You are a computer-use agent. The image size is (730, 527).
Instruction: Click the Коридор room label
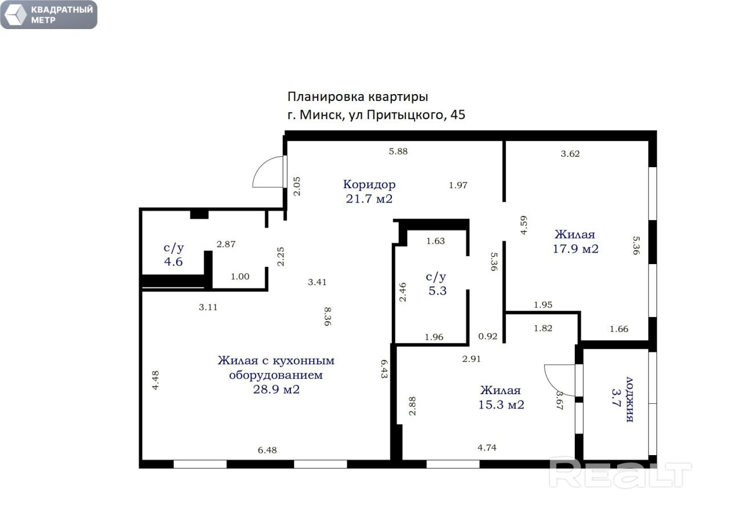click(369, 184)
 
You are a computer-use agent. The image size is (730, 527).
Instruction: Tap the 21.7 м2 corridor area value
click(369, 199)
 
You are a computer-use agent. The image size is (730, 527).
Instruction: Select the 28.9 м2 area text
click(277, 390)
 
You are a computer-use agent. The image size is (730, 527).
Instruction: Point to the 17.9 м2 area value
click(575, 249)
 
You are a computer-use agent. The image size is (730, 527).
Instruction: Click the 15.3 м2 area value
click(501, 405)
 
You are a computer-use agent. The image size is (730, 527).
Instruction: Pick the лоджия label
click(630, 400)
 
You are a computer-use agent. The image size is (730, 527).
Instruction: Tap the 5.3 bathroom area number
click(437, 291)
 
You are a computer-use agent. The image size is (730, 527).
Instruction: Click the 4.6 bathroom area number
click(173, 262)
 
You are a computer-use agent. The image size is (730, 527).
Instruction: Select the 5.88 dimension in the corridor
click(398, 151)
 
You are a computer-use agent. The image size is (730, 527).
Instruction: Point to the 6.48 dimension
click(267, 450)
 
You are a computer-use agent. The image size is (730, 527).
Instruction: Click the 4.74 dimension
click(487, 448)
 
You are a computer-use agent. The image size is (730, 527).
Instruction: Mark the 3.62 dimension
click(570, 154)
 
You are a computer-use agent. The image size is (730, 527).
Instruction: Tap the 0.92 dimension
click(488, 337)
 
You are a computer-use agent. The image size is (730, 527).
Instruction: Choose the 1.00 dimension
click(240, 277)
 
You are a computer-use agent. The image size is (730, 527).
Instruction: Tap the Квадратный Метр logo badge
click(49, 15)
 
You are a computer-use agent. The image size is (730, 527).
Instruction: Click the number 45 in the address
click(458, 115)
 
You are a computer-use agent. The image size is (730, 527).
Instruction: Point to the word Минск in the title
click(321, 115)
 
